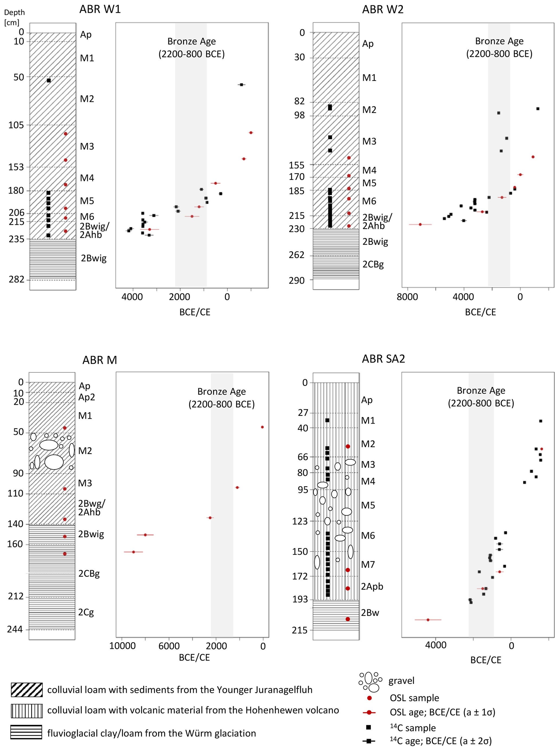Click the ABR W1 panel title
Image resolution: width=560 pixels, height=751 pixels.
100,9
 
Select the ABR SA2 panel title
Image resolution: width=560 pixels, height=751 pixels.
383,359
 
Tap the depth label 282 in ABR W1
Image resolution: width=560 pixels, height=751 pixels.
17,280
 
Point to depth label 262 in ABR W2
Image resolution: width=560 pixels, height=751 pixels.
297,255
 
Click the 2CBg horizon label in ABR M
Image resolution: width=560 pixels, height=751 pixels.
89,574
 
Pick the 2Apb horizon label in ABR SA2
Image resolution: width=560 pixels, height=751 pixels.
372,586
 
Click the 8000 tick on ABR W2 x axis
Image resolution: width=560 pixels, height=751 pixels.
407,297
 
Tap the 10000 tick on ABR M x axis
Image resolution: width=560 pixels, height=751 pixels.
122,646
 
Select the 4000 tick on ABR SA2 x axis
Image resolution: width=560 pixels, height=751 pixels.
436,645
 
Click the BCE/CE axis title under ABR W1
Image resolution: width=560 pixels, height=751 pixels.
195,312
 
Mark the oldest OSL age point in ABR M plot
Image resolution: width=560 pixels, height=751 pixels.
134,552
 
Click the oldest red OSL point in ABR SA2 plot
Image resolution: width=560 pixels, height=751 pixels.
428,620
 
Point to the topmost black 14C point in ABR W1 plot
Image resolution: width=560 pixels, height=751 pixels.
241,85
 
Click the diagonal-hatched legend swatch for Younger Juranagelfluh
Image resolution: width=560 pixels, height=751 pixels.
27,690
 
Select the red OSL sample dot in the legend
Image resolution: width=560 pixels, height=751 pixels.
370,698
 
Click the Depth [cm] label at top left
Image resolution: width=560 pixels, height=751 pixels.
14,17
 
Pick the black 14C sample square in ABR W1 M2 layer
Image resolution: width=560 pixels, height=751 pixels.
49,81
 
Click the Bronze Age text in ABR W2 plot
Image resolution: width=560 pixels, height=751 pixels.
499,41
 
